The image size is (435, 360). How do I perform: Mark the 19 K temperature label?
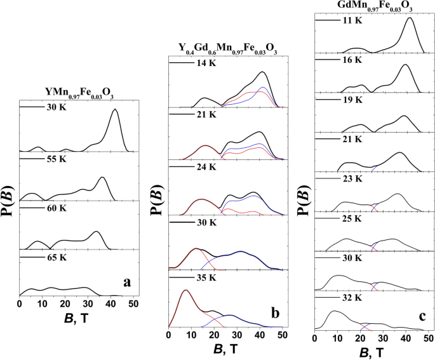(351, 100)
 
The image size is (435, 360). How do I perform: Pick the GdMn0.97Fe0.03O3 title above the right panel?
(371, 6)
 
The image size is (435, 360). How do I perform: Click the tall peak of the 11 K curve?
(409, 18)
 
